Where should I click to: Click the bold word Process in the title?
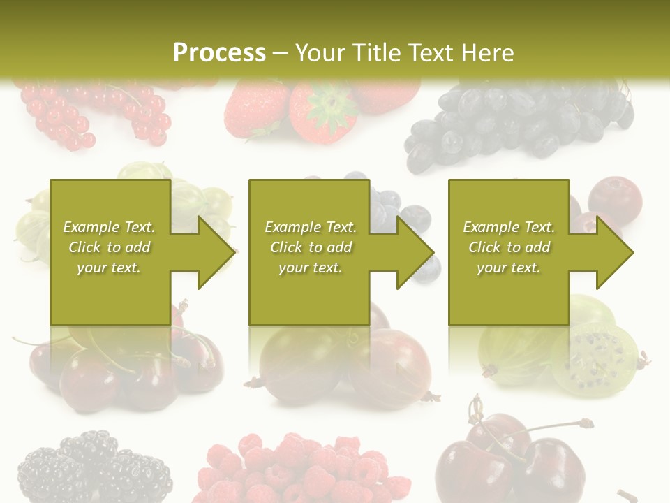219,53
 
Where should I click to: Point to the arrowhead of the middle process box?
414,252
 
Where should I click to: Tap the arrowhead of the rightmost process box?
613,252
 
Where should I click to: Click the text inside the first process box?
109,247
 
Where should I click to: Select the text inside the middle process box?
311,247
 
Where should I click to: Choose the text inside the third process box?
509,247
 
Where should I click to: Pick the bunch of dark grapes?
516,122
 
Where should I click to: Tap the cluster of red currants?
98,112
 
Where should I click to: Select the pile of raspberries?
300,468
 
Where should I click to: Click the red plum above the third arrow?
614,199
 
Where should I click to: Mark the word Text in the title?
432,53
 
